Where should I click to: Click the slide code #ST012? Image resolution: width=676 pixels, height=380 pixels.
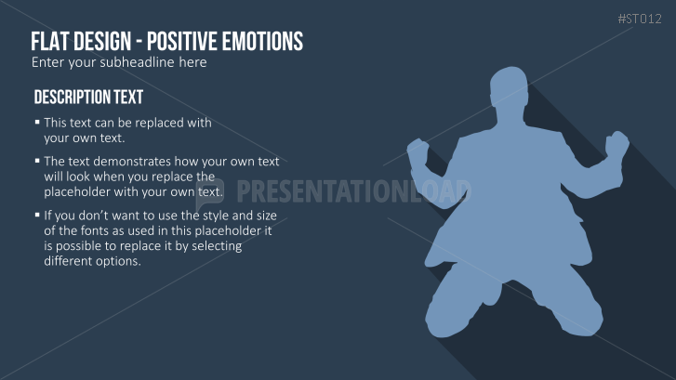click(x=640, y=19)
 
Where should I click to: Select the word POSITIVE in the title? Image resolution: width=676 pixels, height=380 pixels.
click(x=181, y=42)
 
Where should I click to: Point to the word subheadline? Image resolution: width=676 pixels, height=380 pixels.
click(x=138, y=62)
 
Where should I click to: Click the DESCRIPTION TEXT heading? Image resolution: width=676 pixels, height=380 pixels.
click(x=88, y=97)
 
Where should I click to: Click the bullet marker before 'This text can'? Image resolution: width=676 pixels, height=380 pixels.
click(x=37, y=123)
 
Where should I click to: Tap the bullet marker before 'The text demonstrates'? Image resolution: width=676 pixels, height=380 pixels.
click(x=37, y=161)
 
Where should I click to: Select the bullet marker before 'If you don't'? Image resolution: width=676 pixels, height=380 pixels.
click(x=37, y=215)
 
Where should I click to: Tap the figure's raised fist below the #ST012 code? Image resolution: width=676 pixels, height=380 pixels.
click(x=617, y=145)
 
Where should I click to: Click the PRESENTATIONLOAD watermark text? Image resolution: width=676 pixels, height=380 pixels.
click(x=353, y=191)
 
